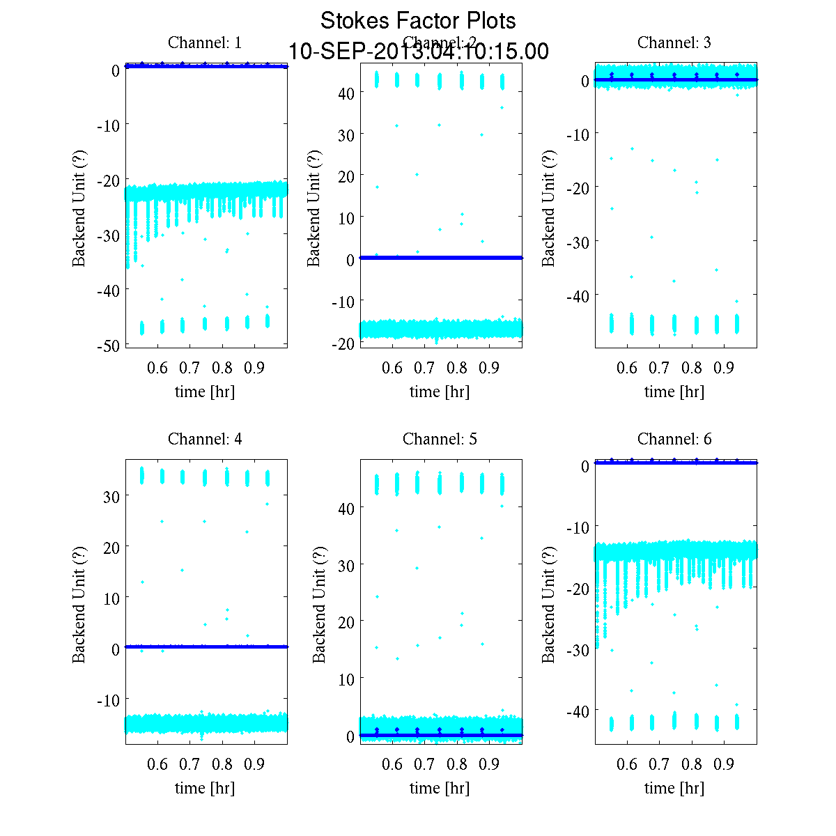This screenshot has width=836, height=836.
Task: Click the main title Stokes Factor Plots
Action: click(418, 21)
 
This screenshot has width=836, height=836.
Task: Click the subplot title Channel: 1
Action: click(205, 42)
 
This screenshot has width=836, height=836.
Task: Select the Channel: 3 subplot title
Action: click(674, 42)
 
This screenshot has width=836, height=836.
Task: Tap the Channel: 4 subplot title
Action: click(205, 439)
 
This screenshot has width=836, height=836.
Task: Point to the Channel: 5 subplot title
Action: click(440, 439)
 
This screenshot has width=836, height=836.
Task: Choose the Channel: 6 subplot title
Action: click(674, 439)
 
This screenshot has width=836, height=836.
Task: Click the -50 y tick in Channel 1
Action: click(109, 345)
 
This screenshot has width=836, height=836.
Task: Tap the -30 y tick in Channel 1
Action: click(109, 235)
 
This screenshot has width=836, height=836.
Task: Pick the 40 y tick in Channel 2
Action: click(346, 93)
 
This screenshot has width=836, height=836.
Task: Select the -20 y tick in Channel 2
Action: click(343, 343)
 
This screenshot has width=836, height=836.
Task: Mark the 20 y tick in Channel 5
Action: click(346, 621)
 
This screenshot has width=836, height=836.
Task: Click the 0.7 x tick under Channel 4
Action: click(190, 764)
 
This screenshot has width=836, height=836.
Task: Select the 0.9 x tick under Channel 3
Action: click(725, 368)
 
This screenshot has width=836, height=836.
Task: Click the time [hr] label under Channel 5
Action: click(440, 788)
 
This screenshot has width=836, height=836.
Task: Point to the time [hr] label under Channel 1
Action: click(205, 392)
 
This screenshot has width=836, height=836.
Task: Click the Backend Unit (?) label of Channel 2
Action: click(313, 207)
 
